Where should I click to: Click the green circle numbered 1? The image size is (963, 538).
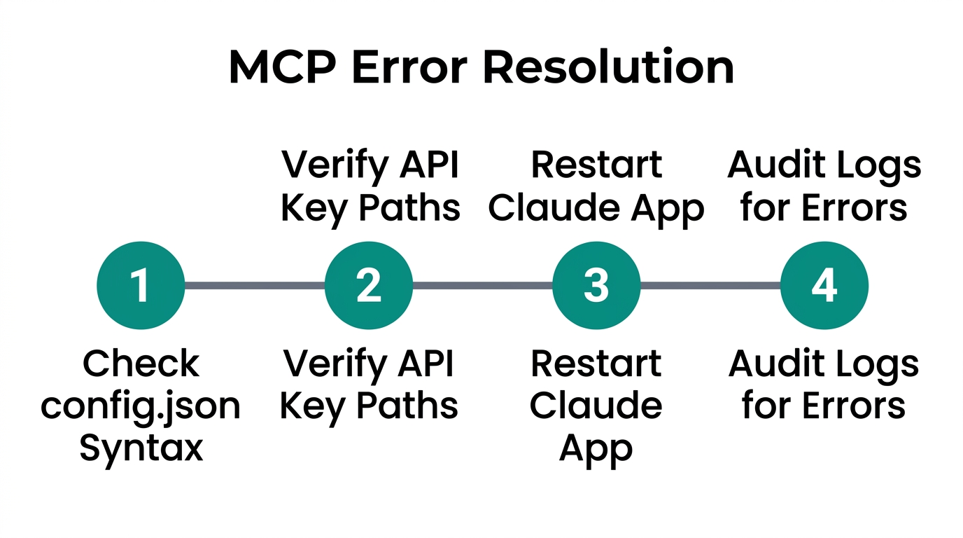141,286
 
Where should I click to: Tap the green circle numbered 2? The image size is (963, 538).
369,286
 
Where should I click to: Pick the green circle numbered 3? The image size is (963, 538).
596,286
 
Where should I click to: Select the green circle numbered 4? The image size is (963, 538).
824,286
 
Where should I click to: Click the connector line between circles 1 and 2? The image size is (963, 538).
255,286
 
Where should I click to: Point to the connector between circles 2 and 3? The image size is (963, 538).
483,286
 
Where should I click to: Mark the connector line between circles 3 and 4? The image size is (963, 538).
710,286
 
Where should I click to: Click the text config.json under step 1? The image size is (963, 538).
141,406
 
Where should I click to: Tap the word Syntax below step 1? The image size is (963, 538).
141,448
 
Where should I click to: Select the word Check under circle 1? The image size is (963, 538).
141,364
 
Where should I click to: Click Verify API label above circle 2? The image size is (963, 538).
370,165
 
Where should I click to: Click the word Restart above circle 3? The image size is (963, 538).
596,165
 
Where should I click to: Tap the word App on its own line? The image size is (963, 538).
596,448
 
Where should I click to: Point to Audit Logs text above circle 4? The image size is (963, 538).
824,165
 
